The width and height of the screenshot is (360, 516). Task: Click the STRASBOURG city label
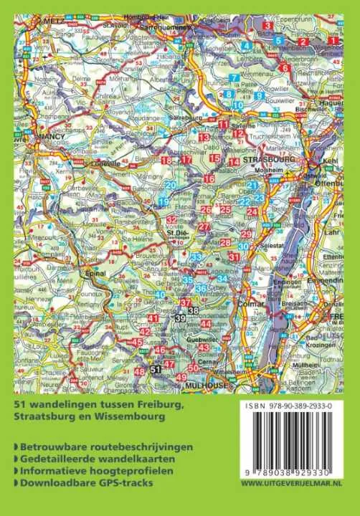[x=270, y=160]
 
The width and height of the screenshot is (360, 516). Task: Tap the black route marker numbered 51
[x=156, y=368]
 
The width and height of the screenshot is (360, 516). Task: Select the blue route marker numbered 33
[x=195, y=256]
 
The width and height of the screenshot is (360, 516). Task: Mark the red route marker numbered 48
[x=139, y=371]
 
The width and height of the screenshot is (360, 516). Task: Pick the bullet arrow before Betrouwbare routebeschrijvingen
[x=16, y=446]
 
